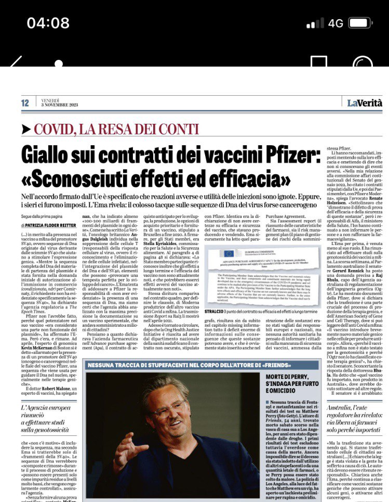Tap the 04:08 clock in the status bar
(x=48, y=23)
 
